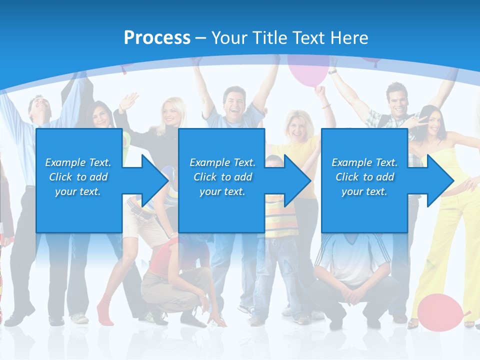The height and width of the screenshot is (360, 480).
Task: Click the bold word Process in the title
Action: (157, 37)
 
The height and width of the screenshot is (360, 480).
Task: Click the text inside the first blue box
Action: (78, 177)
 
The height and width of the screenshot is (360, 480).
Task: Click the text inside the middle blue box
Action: (222, 177)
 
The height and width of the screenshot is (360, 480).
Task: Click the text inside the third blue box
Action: (364, 177)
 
